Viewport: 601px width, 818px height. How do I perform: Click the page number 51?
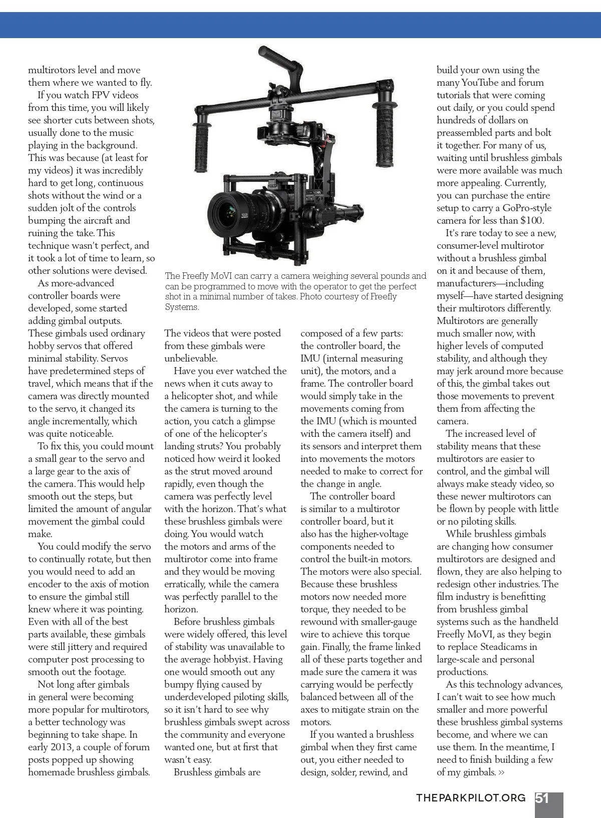pyautogui.click(x=542, y=798)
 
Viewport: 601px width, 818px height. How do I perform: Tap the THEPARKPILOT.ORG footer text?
pyautogui.click(x=471, y=798)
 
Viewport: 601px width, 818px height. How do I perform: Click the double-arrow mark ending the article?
pyautogui.click(x=501, y=772)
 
